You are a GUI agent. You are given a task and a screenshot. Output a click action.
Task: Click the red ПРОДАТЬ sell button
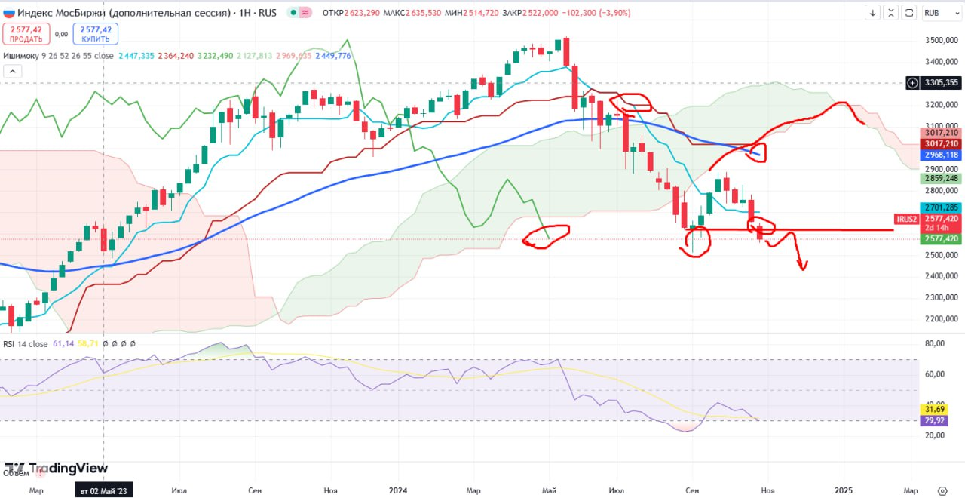tap(26, 33)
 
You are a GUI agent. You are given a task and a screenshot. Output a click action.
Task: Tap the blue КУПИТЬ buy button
tap(96, 33)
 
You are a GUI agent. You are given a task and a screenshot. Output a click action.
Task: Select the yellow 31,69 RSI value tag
tap(936, 409)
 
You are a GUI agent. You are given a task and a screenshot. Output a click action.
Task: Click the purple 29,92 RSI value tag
tap(936, 420)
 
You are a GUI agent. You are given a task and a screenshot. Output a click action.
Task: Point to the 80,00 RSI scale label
tap(934, 344)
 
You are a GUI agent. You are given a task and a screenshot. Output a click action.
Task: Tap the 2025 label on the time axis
tap(843, 490)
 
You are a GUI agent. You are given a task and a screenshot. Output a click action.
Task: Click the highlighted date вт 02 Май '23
tap(105, 490)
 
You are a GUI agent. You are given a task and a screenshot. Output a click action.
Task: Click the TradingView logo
tap(57, 469)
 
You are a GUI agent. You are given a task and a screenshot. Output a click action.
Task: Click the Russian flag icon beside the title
tap(8, 12)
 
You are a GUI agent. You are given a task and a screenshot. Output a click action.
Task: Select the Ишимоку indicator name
tap(21, 56)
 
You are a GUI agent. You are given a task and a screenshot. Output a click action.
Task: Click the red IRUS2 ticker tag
tap(905, 219)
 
